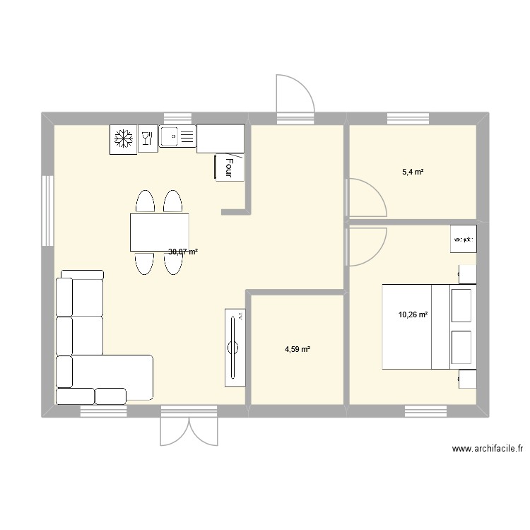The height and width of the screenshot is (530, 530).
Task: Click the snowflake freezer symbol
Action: (123, 139)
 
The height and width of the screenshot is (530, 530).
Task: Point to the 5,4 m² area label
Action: (413, 172)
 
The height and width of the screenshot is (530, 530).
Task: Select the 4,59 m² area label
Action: (298, 349)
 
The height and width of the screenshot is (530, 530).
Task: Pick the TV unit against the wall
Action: (235, 347)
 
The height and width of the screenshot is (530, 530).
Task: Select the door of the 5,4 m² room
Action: (365, 197)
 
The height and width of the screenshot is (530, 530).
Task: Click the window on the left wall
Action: (47, 211)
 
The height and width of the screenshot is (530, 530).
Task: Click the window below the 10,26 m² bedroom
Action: (426, 411)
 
